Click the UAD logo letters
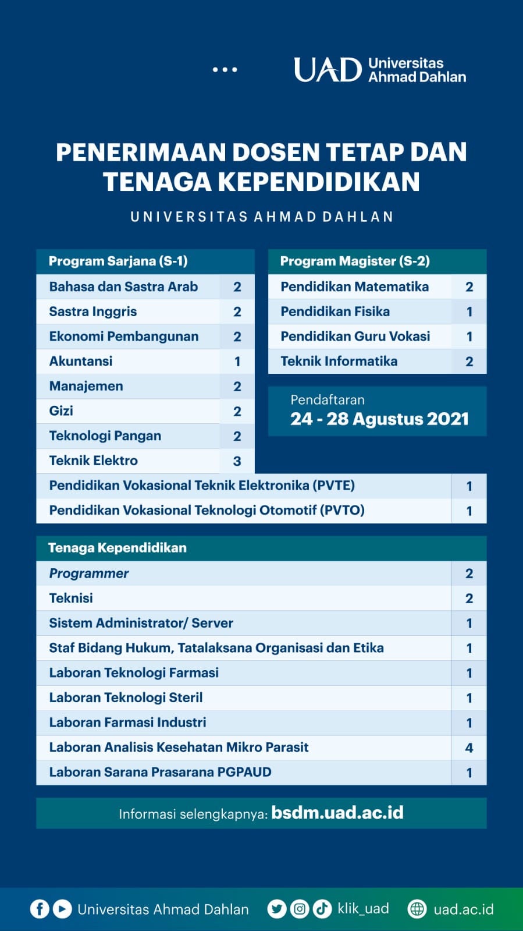click(x=328, y=70)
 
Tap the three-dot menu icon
click(x=225, y=70)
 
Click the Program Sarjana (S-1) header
click(x=118, y=261)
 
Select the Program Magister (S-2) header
click(x=355, y=261)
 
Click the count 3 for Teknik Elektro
click(x=237, y=461)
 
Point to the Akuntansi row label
click(x=81, y=361)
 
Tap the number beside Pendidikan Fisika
click(x=469, y=311)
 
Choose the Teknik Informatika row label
click(x=339, y=361)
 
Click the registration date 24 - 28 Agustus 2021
click(x=379, y=419)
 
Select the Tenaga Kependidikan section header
click(x=118, y=548)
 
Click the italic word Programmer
click(x=89, y=574)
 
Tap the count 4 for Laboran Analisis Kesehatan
click(x=469, y=748)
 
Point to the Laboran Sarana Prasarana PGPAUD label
click(x=160, y=772)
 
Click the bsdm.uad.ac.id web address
click(x=337, y=813)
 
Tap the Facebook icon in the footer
click(x=40, y=909)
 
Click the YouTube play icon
click(x=62, y=909)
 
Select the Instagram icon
click(x=300, y=909)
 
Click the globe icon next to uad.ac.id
click(x=417, y=909)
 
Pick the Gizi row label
click(x=61, y=411)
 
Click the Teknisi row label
click(x=71, y=598)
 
